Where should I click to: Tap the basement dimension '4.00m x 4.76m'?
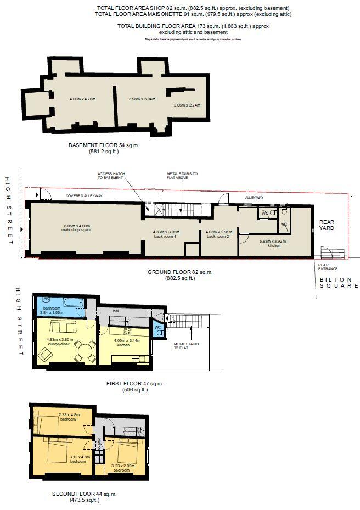click(82, 99)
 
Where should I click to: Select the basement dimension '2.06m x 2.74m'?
click(187, 105)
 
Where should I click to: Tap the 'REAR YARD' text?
click(327, 226)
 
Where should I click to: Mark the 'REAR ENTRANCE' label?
click(327, 268)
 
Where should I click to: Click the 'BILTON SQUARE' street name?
click(339, 283)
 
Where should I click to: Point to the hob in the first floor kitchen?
click(127, 331)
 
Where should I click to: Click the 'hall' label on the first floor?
click(116, 311)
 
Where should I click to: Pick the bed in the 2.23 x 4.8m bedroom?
click(47, 423)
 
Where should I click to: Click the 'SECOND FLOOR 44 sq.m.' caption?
click(85, 494)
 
